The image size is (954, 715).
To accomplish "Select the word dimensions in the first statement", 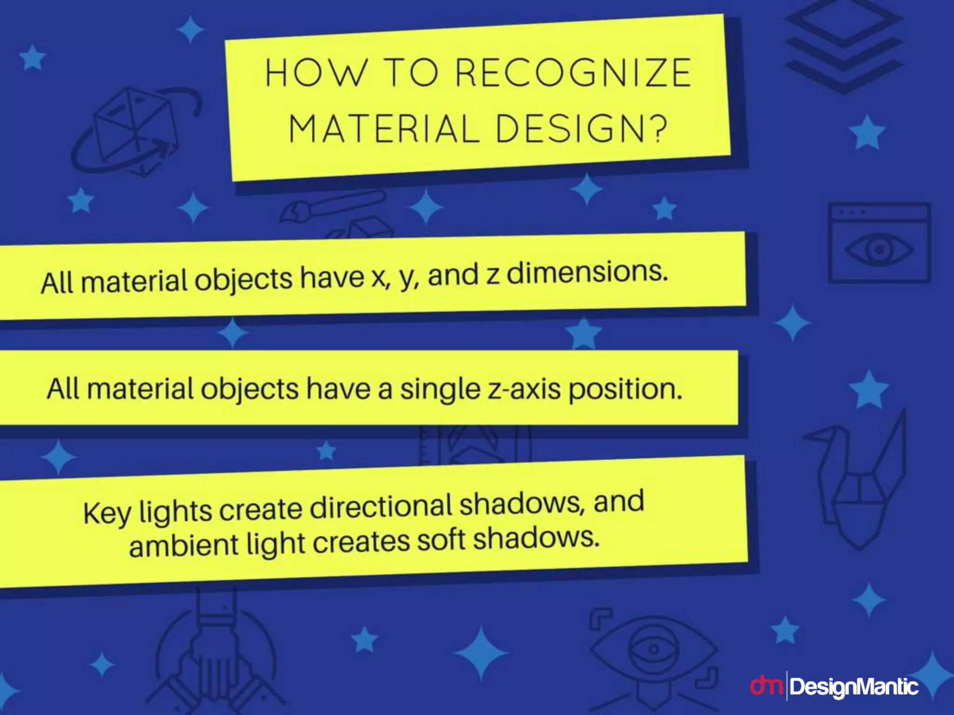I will pyautogui.click(x=587, y=273).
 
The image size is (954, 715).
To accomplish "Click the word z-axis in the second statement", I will pyautogui.click(x=524, y=389).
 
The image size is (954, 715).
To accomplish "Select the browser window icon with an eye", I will pyautogui.click(x=879, y=243).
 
